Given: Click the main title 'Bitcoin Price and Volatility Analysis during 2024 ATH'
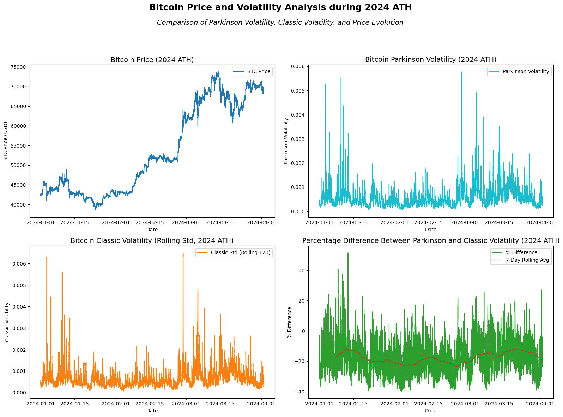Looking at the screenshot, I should point(280,7).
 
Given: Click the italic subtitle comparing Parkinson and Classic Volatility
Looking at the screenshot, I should point(280,23).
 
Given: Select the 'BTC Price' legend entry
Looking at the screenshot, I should point(259,72).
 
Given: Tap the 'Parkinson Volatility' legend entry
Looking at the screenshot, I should point(526,72).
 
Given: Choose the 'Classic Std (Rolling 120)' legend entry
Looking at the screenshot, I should point(241,253).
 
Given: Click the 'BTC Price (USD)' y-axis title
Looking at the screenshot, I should point(6,141).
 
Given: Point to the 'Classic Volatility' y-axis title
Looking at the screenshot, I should point(7,322).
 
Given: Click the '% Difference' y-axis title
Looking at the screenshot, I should point(290,322).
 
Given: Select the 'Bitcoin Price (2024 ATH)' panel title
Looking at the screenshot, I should point(152,60).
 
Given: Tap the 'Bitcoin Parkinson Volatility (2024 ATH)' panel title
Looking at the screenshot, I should point(430,60).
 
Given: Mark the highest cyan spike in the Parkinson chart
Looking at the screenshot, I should point(462,72).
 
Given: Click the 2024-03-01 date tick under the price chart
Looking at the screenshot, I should point(186,222).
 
